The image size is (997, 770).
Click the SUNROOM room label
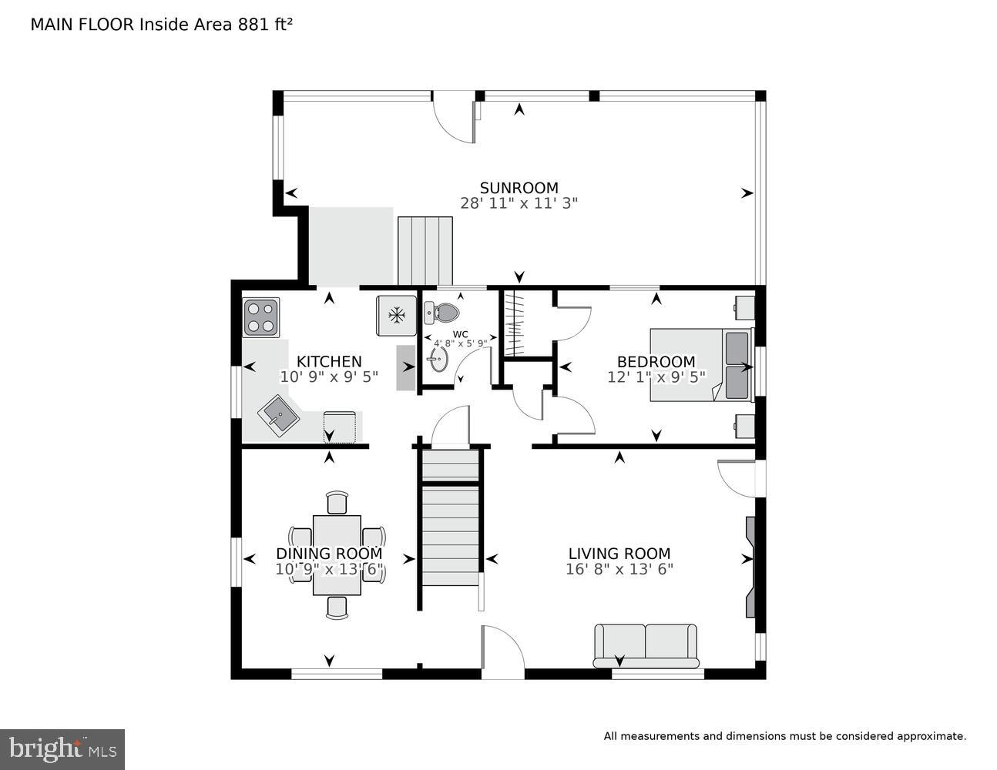pyautogui.click(x=519, y=188)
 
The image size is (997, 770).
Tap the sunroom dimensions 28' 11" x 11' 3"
pyautogui.click(x=519, y=203)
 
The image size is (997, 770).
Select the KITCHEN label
pyautogui.click(x=329, y=362)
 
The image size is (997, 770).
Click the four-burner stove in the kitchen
pyautogui.click(x=261, y=317)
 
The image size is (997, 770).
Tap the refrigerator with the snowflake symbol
pyautogui.click(x=397, y=315)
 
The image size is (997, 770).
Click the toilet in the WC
pyautogui.click(x=441, y=312)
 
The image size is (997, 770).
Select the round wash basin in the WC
pyautogui.click(x=438, y=358)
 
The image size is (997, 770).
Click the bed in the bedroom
pyautogui.click(x=700, y=364)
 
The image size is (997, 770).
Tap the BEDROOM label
pyautogui.click(x=656, y=362)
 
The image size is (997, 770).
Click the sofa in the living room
pyautogui.click(x=646, y=645)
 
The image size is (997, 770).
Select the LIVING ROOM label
pyautogui.click(x=619, y=554)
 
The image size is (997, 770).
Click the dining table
pyautogui.click(x=337, y=554)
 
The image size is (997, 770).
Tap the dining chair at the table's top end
pyautogui.click(x=337, y=502)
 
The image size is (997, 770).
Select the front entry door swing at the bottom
pyautogui.click(x=501, y=651)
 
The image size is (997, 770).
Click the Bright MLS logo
pyautogui.click(x=62, y=748)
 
